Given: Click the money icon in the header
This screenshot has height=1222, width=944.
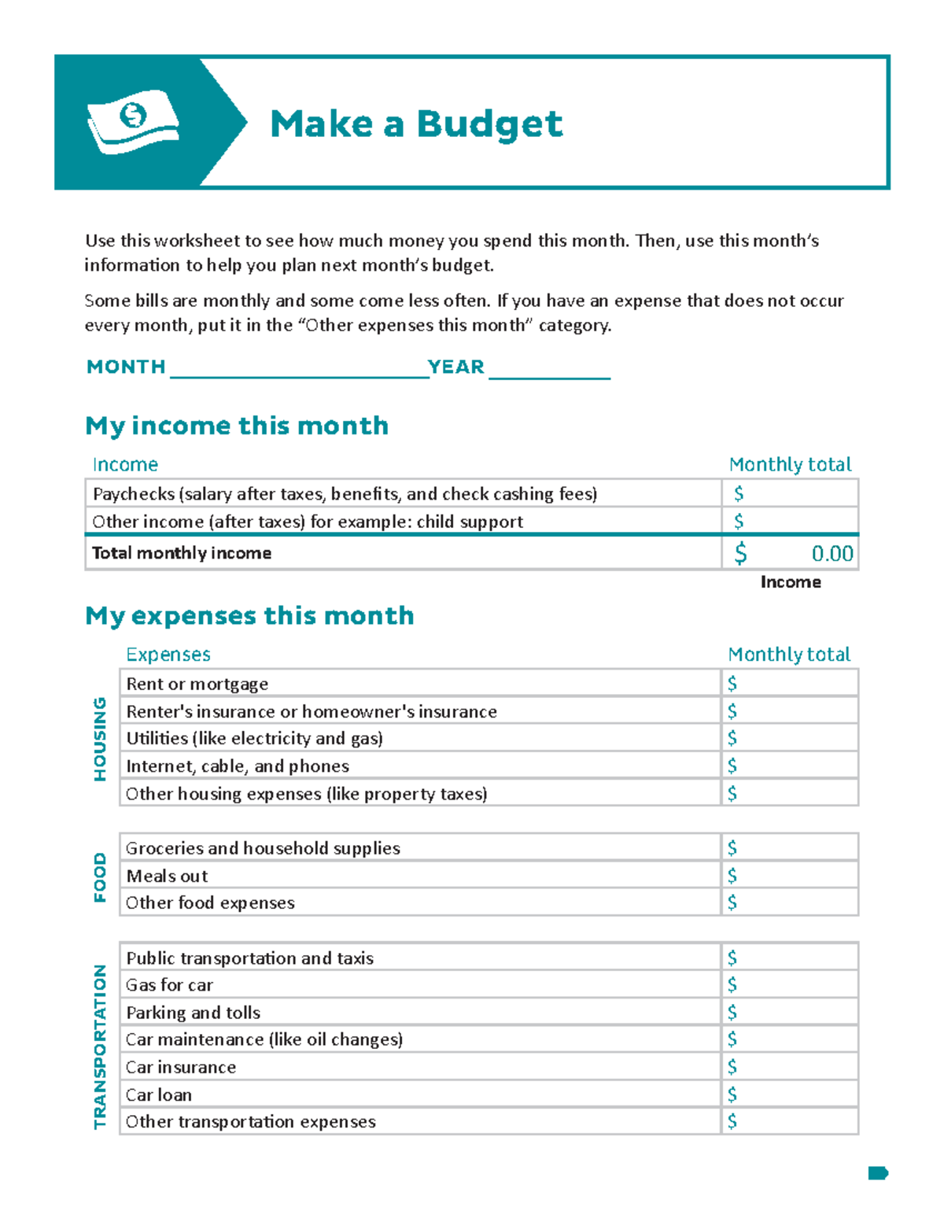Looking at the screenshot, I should point(133,121).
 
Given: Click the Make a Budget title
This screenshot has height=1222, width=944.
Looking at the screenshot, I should point(415,124).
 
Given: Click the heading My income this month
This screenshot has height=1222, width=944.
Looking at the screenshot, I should point(237,426).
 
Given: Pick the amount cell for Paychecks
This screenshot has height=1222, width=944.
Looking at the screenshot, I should point(790,493).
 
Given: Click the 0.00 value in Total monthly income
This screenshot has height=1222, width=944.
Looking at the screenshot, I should point(832,554).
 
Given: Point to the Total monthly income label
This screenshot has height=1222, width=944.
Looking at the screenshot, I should point(182,553).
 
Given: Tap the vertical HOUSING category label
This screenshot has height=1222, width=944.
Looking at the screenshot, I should point(100,738).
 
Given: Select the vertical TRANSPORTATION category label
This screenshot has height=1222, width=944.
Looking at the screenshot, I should point(100,1046).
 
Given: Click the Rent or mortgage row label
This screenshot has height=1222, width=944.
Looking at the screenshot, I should point(197,684).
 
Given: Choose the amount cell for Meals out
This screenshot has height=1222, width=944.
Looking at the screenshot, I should point(790,876).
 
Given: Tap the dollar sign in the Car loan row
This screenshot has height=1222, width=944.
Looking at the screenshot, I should point(732,1095).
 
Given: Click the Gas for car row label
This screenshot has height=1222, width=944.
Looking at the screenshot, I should point(170,985).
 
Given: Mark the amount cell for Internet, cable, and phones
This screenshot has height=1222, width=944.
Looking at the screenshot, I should point(790,766).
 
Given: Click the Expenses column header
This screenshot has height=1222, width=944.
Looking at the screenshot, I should point(168,655).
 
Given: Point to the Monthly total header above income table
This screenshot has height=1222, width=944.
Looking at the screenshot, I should point(790,464).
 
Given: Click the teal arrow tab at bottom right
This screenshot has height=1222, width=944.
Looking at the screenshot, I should point(877,1173).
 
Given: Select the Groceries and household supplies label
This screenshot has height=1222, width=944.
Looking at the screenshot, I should point(263,848).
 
